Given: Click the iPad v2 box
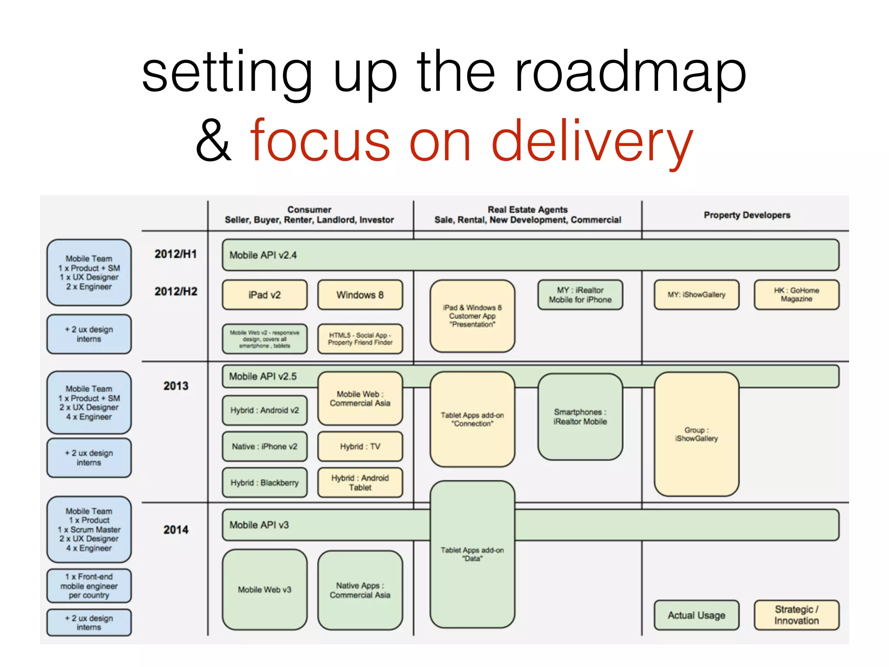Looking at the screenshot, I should (264, 295).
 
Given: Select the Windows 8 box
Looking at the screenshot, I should (360, 295).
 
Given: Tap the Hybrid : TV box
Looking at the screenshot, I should (360, 446).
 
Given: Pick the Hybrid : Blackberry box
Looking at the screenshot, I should (264, 482).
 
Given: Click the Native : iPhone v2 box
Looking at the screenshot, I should (264, 446).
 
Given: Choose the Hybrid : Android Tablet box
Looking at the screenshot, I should (360, 482).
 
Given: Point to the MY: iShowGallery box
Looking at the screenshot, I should (696, 295).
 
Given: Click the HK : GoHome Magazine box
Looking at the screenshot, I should (796, 295).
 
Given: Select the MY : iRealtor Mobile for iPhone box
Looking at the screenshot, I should (580, 295).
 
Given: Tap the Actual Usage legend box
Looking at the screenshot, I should (696, 615).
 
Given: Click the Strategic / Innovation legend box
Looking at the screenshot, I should (796, 615).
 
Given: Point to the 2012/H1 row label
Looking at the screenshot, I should (175, 254).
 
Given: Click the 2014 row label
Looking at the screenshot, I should (175, 530).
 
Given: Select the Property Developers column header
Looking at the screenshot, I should (747, 215).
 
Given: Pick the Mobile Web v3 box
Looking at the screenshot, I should (264, 590).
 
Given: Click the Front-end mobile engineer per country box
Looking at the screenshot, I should (89, 586).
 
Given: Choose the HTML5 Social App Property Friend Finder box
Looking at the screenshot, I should (360, 339).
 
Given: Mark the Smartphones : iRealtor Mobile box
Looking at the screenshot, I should (580, 417).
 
